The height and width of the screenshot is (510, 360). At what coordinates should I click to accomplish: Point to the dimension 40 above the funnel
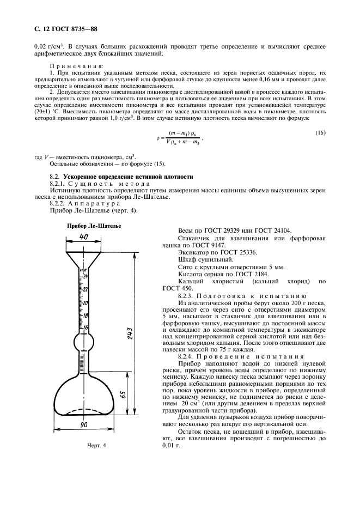(83, 237)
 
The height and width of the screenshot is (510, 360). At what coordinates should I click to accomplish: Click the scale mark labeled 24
(86, 277)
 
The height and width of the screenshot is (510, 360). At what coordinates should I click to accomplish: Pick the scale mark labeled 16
(86, 327)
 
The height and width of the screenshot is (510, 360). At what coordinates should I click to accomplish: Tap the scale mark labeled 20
(86, 302)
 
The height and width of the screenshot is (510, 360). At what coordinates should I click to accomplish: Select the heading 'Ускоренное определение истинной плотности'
(128, 177)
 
